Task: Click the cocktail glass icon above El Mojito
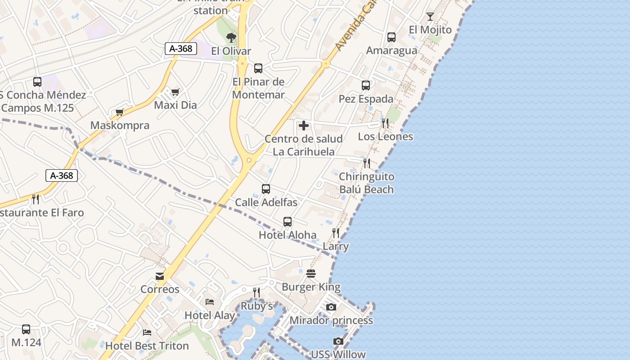click(x=430, y=17)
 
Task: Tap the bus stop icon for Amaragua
click(x=391, y=37)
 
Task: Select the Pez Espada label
click(x=366, y=99)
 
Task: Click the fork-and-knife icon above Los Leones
click(x=385, y=123)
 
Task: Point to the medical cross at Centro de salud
click(x=304, y=126)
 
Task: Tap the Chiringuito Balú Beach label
click(x=366, y=183)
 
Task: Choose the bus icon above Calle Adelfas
click(x=266, y=189)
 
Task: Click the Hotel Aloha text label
click(x=288, y=235)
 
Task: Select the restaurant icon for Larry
click(x=336, y=233)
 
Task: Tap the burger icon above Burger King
click(x=311, y=274)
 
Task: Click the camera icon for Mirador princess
click(x=331, y=307)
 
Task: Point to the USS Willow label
click(x=338, y=355)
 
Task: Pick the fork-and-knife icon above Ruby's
click(x=256, y=292)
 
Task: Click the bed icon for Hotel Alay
click(x=210, y=301)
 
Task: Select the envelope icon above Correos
click(x=160, y=276)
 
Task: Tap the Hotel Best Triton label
click(x=147, y=346)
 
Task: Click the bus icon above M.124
click(x=26, y=329)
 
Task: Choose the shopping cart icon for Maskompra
click(x=119, y=112)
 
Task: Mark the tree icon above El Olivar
click(x=231, y=37)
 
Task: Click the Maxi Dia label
click(x=175, y=105)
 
